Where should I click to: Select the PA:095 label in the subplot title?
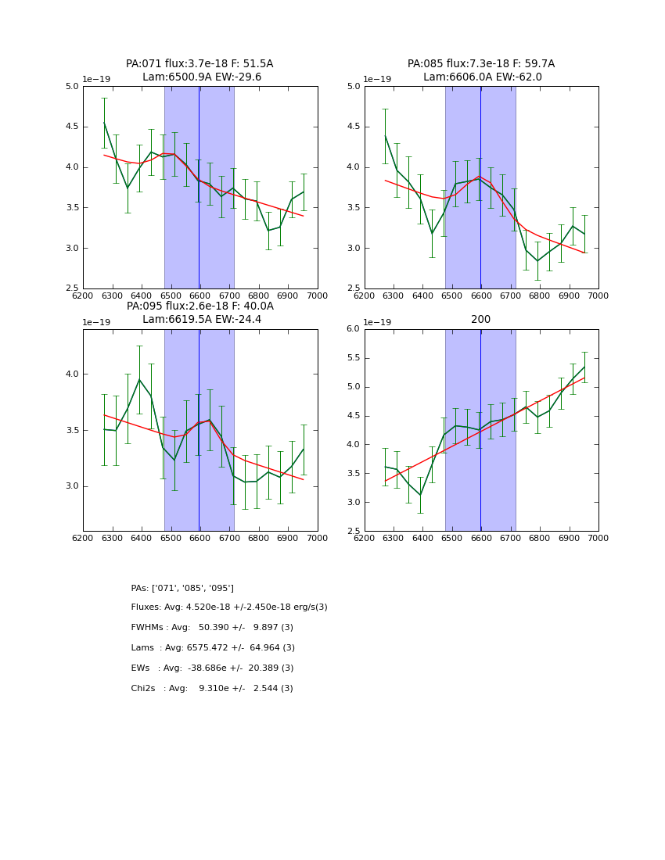[x=145, y=306]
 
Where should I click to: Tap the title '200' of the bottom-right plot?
[x=480, y=320]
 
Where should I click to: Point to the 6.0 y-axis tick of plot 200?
[x=353, y=329]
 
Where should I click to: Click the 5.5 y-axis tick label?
[x=353, y=358]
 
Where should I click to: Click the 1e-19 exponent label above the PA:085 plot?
[x=377, y=79]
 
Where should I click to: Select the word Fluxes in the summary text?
[x=146, y=607]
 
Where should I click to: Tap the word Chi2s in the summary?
[x=145, y=689]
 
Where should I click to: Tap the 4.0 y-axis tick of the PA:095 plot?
[x=72, y=374]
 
